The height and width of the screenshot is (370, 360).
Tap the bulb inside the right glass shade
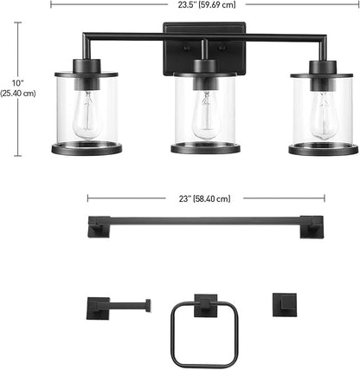pos(325,110)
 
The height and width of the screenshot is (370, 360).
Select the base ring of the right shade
pos(323,150)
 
